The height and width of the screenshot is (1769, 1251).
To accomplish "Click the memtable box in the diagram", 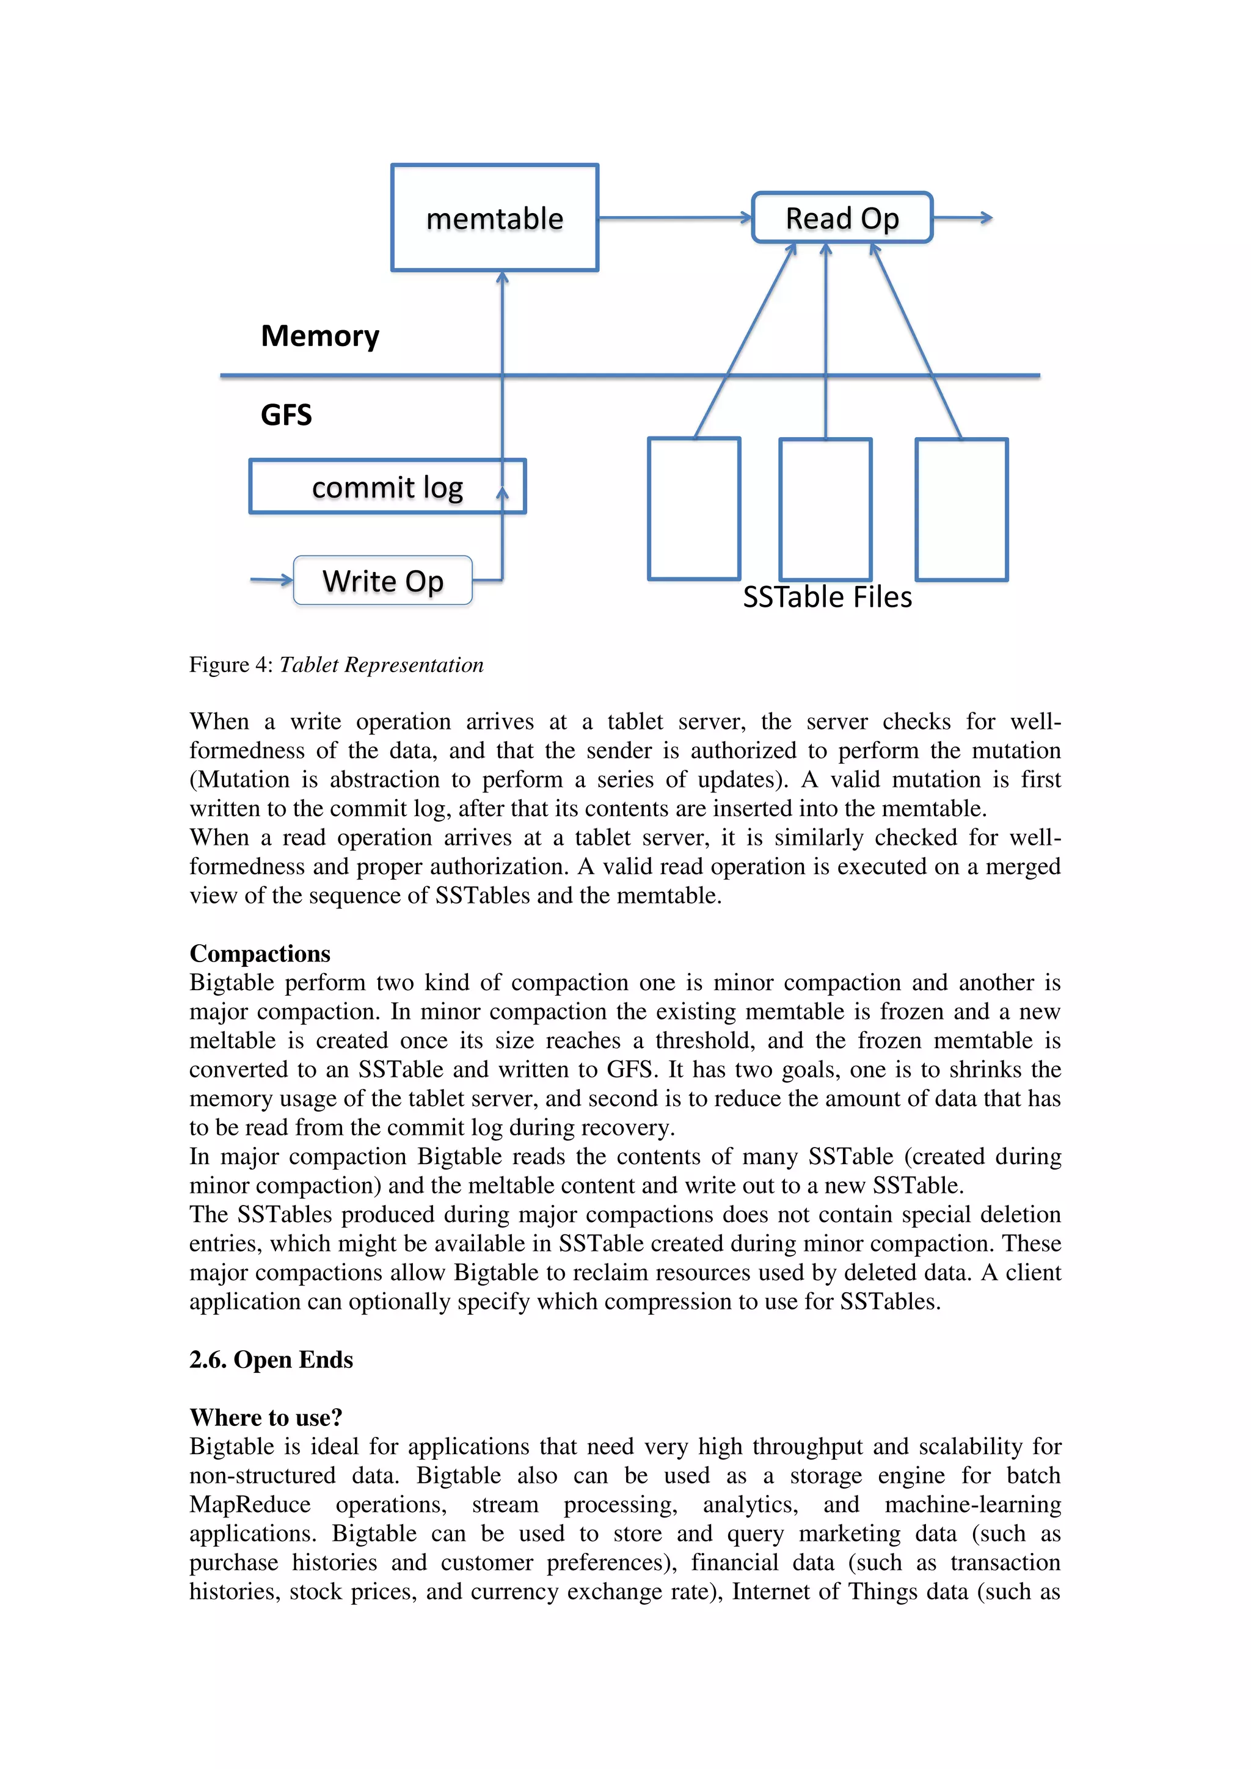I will (x=494, y=218).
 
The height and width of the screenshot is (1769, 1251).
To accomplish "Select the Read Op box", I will (x=842, y=218).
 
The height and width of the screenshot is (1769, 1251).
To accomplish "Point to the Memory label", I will (x=320, y=336).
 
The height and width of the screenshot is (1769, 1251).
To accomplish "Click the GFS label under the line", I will (x=286, y=415).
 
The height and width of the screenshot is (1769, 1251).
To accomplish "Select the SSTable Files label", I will (x=827, y=598).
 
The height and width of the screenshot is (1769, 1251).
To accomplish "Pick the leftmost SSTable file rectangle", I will (x=694, y=508).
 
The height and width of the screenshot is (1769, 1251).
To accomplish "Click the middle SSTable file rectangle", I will (x=825, y=508).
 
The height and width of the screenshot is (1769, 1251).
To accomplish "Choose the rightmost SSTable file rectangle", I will (x=961, y=508).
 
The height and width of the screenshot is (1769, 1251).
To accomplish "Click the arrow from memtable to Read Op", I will (x=674, y=218).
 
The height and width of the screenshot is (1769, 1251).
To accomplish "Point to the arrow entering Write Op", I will (x=271, y=579).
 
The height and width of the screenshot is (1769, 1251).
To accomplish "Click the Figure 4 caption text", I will (x=336, y=665).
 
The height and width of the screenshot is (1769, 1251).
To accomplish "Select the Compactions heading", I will (x=260, y=954).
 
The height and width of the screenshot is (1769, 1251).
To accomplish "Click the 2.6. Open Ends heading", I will (x=271, y=1360).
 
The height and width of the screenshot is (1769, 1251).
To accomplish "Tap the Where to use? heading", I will (x=266, y=1417).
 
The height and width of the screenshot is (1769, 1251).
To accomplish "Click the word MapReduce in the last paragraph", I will (x=250, y=1505).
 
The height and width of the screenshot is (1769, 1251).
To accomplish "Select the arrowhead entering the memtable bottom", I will (x=503, y=277).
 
